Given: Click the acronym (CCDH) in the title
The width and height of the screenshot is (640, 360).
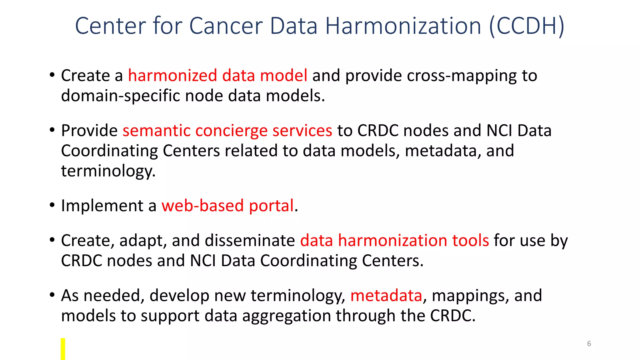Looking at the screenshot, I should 527,26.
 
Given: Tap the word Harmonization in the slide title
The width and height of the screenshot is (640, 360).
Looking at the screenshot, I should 403,26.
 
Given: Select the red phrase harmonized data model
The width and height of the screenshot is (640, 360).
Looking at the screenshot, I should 217,76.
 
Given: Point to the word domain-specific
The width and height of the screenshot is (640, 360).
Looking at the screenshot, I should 120,96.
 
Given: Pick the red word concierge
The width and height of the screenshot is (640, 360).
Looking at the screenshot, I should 231,131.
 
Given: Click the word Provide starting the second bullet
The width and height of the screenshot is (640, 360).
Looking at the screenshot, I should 89,131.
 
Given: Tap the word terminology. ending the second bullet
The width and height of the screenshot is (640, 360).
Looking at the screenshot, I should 108,171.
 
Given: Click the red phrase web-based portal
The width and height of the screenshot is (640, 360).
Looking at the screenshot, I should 227,206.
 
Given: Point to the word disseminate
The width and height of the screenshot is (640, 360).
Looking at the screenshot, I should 250,241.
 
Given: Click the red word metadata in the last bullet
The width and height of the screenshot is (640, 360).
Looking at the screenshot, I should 386,296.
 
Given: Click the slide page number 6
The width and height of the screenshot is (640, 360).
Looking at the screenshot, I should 589,344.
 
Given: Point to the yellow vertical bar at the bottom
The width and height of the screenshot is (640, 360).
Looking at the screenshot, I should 63,349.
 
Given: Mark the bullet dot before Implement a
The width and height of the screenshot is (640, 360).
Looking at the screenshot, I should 52,205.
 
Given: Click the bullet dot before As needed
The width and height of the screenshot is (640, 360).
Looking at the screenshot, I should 52,295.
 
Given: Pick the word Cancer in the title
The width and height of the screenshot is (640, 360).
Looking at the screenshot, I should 226,26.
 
